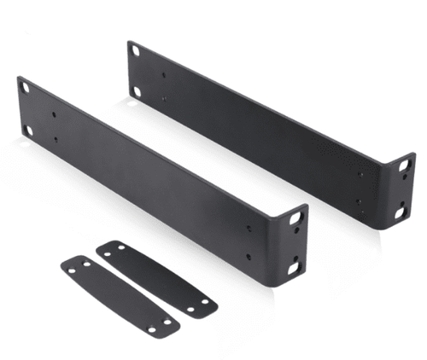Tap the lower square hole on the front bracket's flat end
28,131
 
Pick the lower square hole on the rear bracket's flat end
137,90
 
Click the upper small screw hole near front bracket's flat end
56,113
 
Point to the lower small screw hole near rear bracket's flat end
165,101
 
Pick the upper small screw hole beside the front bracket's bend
249,228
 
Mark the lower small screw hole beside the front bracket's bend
249,255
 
